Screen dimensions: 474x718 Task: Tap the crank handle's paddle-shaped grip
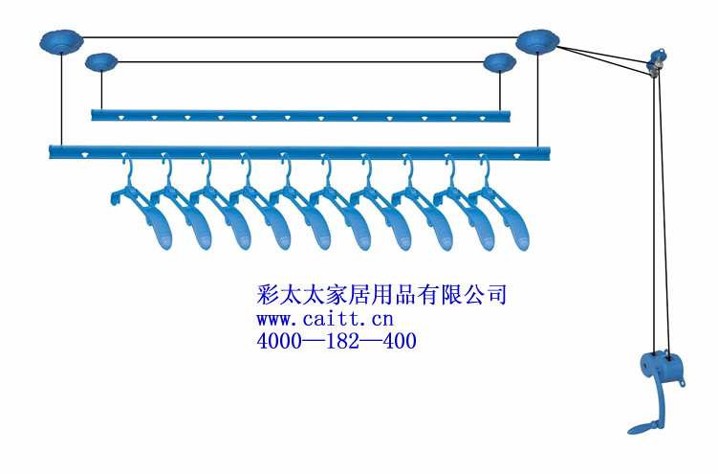(639, 424)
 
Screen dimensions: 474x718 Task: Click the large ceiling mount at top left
(61, 41)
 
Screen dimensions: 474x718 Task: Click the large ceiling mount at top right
(536, 40)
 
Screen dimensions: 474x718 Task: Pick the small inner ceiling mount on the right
(499, 63)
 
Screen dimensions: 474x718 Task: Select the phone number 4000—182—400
(337, 340)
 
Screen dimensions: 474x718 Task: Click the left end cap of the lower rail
(54, 151)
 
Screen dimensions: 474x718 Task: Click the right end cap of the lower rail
(547, 151)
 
